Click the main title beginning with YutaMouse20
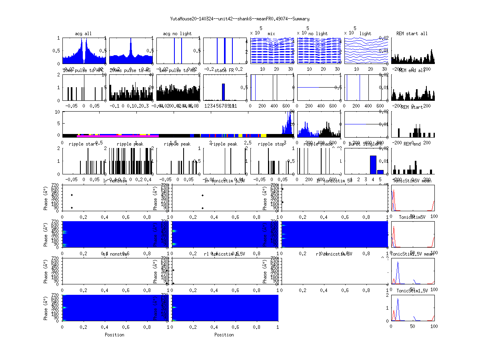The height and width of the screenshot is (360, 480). point(240,19)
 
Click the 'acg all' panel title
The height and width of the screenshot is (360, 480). point(83,34)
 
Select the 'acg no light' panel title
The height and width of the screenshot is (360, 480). point(177,34)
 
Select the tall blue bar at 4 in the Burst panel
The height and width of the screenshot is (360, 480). point(373,164)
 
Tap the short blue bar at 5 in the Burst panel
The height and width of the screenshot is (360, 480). point(380,172)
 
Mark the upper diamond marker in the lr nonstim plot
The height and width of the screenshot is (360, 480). point(72,195)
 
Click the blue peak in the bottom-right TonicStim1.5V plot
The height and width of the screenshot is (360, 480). point(398,299)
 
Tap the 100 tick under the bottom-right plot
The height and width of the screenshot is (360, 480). point(434,326)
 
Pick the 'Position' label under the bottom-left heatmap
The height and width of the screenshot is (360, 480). point(114,334)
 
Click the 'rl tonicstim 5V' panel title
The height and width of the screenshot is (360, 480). point(334,254)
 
